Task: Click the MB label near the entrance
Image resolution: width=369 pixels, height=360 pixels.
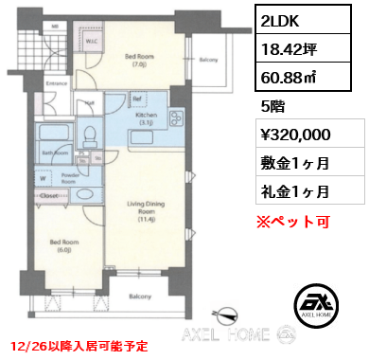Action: [29, 27]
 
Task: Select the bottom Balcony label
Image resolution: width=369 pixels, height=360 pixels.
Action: [140, 297]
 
